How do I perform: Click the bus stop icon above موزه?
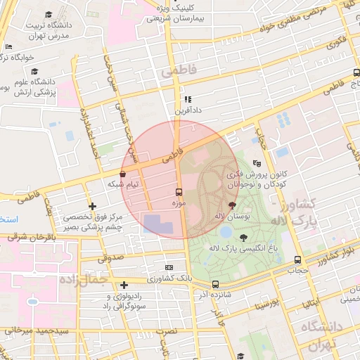coord(179,191)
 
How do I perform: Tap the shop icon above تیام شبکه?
coord(123,173)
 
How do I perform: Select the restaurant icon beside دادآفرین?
coord(188,100)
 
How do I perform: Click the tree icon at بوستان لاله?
coord(233,206)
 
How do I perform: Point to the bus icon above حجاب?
coord(298,259)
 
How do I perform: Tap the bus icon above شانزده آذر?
coord(215,284)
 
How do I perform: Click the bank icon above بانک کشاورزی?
coord(169,268)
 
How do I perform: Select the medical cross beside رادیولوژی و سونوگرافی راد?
coord(124,285)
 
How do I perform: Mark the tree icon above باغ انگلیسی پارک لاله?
coord(243,238)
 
